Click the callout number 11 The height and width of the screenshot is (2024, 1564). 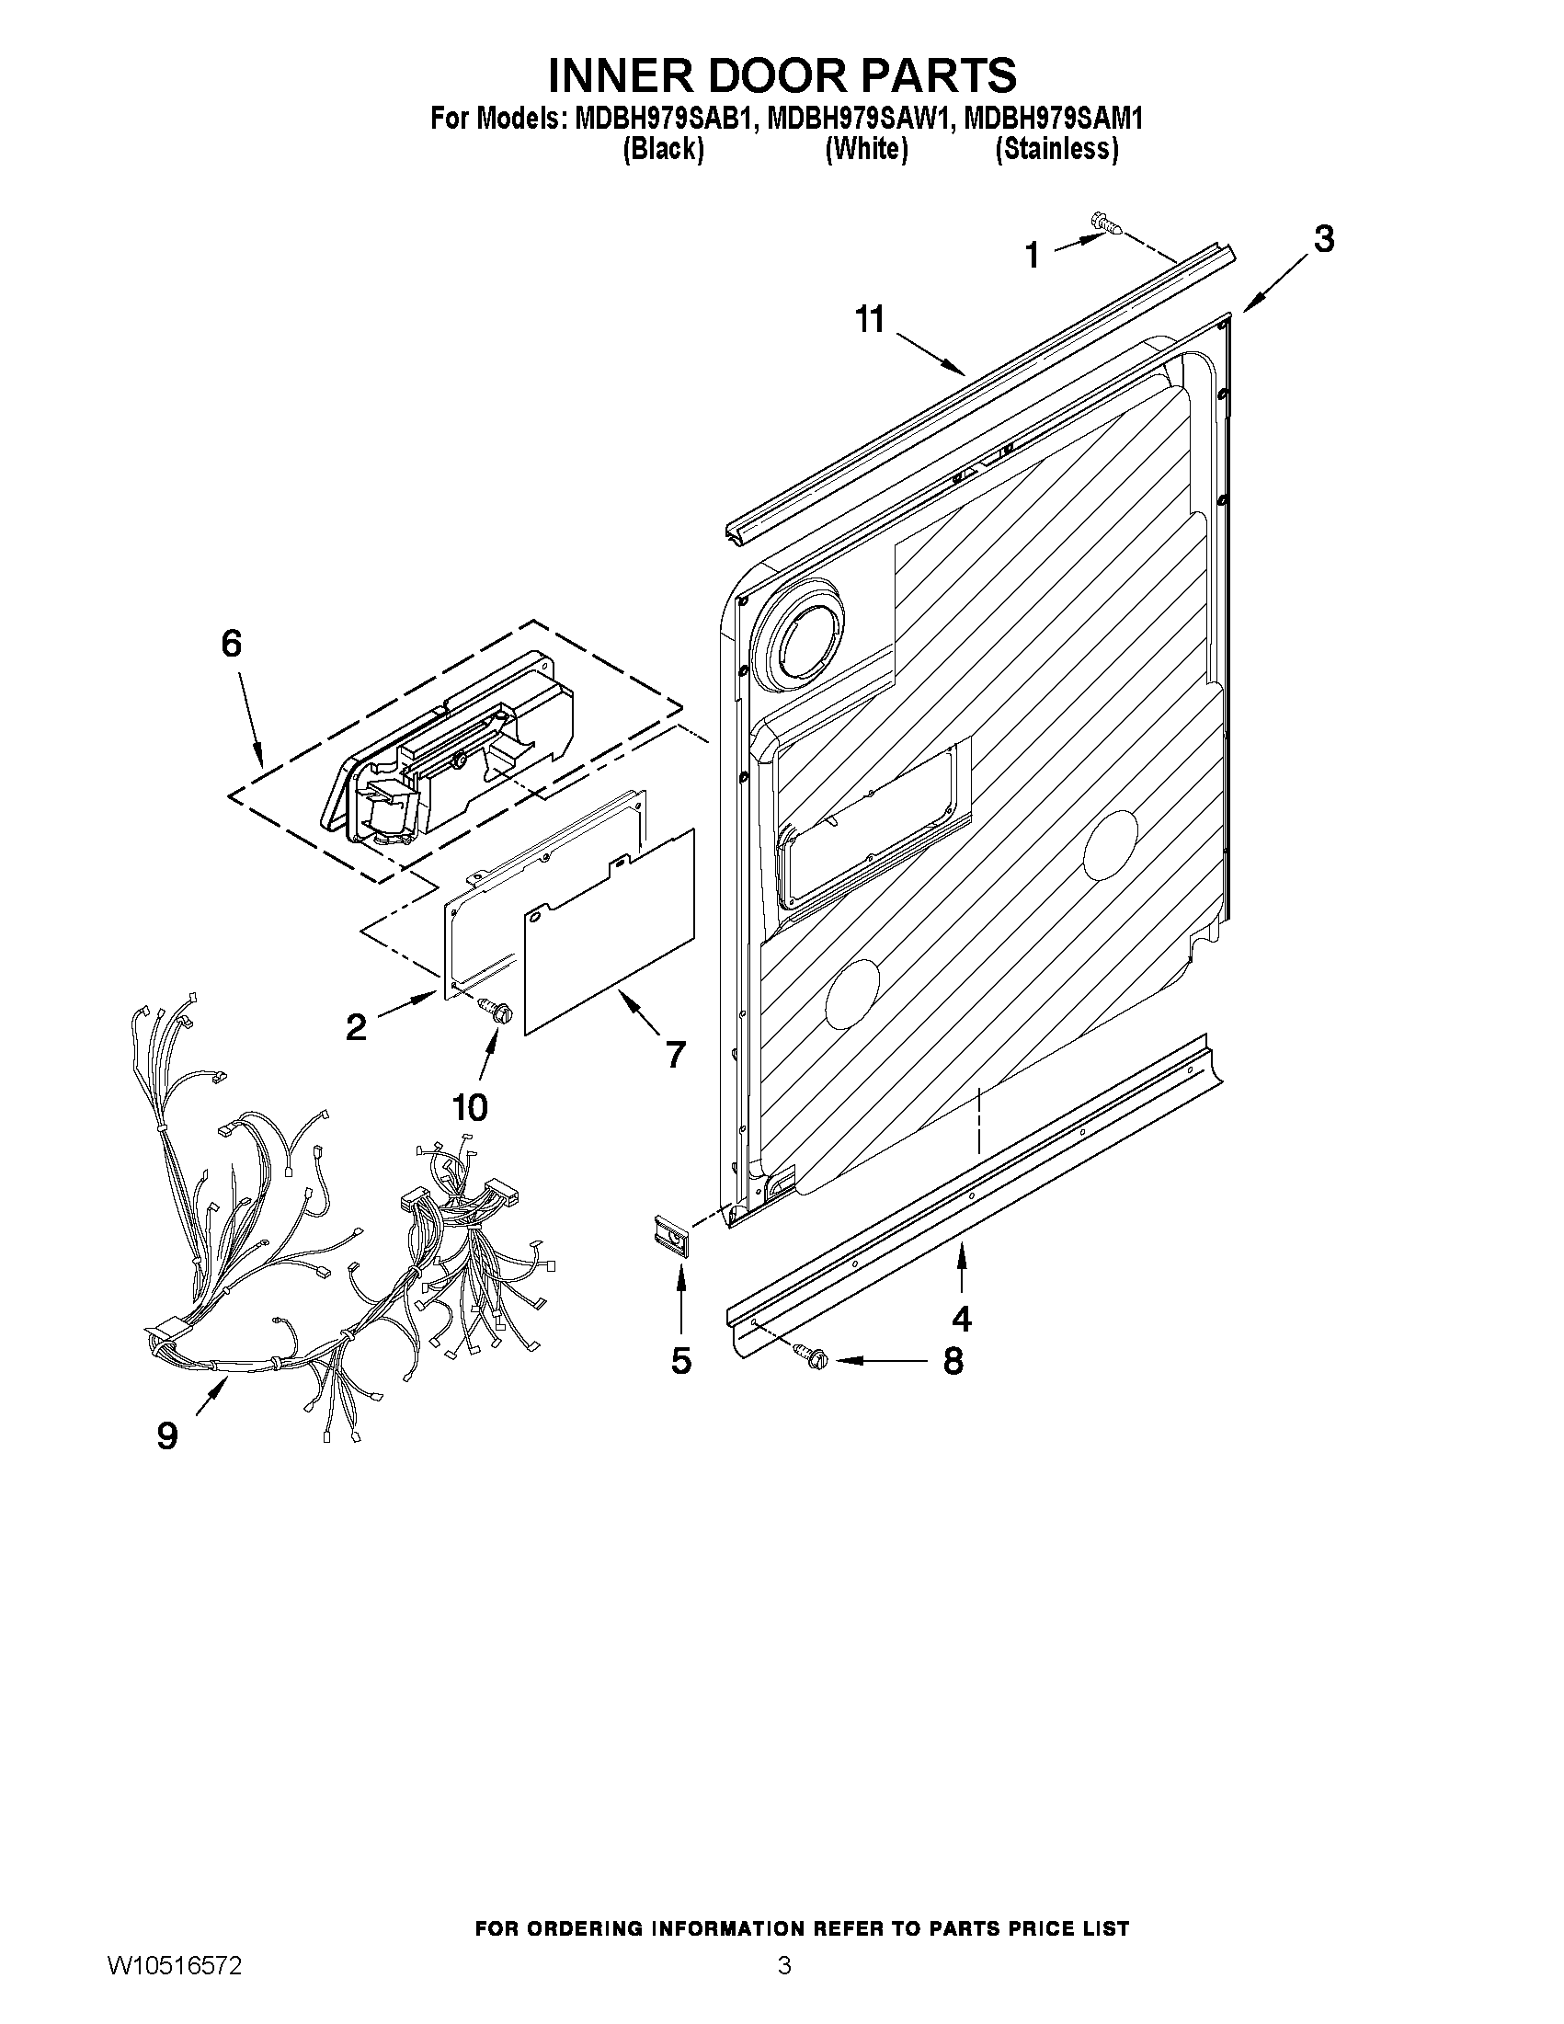pos(870,321)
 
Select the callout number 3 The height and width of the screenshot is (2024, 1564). pos(1324,239)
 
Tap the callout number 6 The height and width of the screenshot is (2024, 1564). pos(231,643)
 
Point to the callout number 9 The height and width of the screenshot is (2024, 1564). pos(166,1435)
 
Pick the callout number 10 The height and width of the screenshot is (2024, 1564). pos(470,1105)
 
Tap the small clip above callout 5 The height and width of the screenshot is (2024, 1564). pos(669,1236)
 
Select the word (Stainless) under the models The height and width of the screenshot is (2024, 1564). pos(1056,148)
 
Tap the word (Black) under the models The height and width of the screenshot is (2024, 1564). pos(663,148)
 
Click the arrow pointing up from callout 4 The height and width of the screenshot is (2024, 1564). pos(961,1268)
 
